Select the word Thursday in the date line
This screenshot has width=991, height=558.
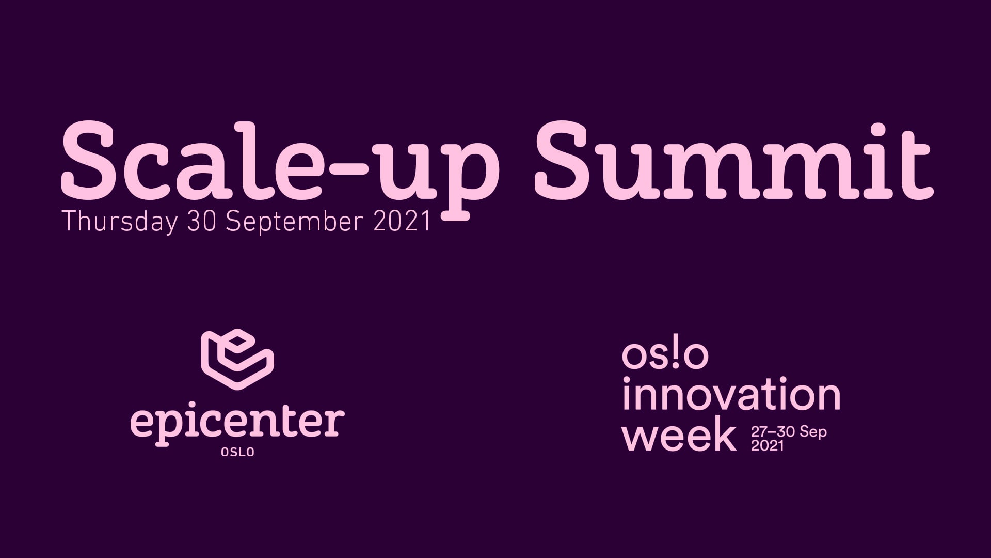[120, 222]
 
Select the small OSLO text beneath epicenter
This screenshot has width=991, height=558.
[237, 452]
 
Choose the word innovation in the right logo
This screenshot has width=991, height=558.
[731, 395]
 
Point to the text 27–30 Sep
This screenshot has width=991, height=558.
[789, 432]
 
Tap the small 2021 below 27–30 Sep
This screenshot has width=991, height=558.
[768, 445]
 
